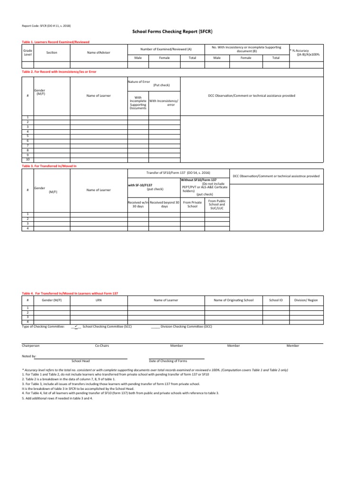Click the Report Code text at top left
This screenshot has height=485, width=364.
[x=46, y=26]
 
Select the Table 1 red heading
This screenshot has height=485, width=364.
[x=55, y=42]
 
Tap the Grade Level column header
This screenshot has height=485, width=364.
[x=27, y=53]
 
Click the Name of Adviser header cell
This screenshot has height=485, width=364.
[x=99, y=53]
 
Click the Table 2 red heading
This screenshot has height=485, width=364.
[x=56, y=72]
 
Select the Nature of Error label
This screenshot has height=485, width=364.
[x=139, y=82]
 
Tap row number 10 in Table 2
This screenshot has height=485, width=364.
[x=27, y=160]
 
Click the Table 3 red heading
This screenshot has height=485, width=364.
[x=49, y=167]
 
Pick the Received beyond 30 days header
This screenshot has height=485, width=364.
[x=164, y=205]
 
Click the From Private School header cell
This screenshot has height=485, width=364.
[x=192, y=205]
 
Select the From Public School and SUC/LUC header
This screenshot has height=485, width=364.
[x=217, y=205]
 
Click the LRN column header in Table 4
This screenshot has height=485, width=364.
[x=99, y=300]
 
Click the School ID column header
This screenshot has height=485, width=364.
[x=276, y=300]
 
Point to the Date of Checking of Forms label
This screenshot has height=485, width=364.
[x=168, y=360]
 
